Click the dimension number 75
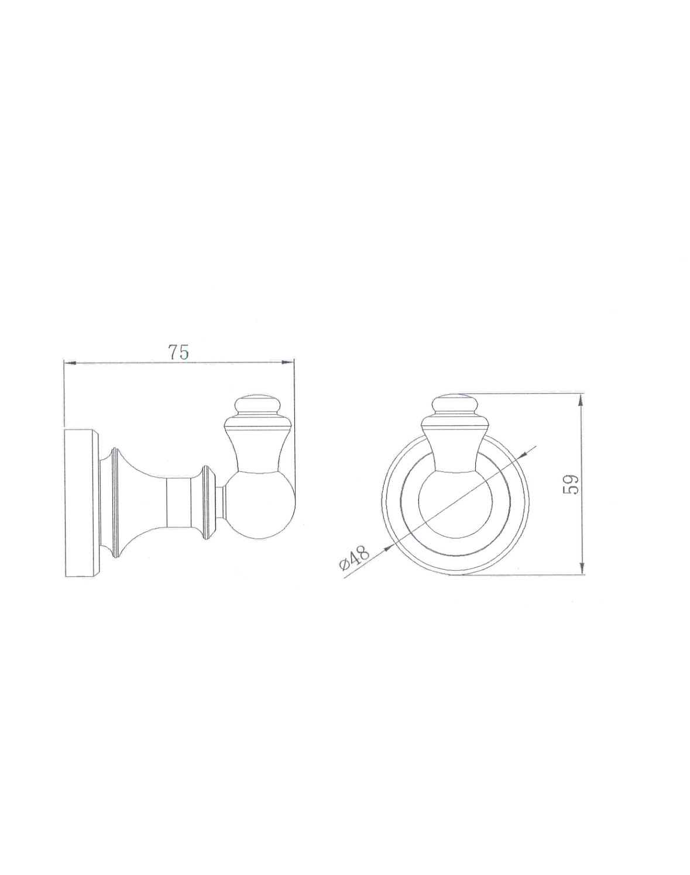point(178,352)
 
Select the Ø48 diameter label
point(354,558)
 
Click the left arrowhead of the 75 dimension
point(70,361)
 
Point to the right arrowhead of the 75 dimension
point(287,361)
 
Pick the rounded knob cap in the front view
point(455,404)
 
